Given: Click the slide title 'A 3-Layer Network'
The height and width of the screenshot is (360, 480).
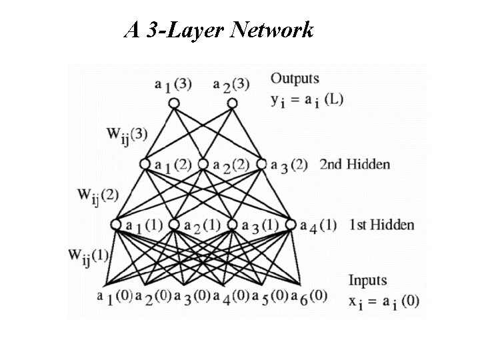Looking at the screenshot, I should coord(219,30).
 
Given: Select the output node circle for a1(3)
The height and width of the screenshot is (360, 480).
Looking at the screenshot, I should coord(173,103).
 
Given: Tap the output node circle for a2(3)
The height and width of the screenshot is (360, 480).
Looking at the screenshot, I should coord(231,103).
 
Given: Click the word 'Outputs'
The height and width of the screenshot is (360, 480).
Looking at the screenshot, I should coord(295,79).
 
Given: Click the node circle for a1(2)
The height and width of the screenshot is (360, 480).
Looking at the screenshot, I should coord(145,163).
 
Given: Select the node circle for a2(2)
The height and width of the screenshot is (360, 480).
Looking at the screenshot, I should coord(203,163).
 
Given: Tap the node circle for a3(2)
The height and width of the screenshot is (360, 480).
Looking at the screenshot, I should coord(261,163).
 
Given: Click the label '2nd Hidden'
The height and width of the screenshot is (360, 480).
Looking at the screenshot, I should coord(355,164).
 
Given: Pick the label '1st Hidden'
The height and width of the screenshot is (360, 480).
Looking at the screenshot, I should coord(381,225).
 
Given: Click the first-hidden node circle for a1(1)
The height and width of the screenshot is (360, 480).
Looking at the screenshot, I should coord(116,225).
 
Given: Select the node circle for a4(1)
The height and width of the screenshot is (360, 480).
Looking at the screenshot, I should coord(290,225).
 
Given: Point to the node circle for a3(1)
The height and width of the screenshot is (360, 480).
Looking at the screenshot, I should coord(232,225).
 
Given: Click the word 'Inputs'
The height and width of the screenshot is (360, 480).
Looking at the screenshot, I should coord(367,281).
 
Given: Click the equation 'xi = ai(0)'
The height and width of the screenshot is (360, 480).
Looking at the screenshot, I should coord(383,301).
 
